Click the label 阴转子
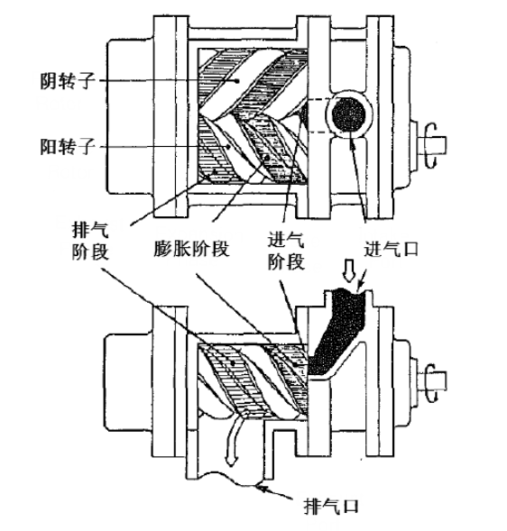67,81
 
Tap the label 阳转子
67,146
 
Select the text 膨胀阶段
191,249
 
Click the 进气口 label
392,250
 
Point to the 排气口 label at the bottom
331,507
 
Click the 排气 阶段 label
90,241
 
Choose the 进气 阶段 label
286,252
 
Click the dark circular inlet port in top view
348,114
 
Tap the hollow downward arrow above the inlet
348,270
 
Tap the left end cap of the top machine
131,117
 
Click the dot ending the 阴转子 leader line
238,80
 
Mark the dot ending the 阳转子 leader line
229,147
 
